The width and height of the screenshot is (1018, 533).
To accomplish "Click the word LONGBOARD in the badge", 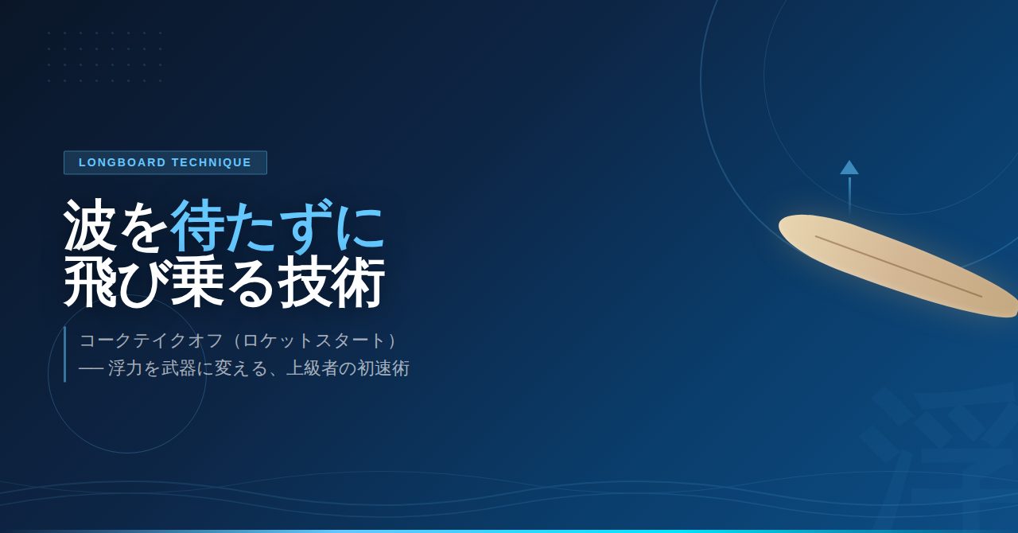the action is tap(122, 162).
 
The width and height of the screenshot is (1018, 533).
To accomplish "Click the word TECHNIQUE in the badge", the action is tap(212, 162).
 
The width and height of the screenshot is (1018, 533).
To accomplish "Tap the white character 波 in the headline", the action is tap(90, 226).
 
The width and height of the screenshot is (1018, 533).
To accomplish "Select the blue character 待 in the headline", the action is tap(196, 226).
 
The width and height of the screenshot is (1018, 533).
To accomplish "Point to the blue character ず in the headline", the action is tap(303, 226).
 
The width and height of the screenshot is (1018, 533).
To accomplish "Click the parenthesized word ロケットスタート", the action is tap(314, 340).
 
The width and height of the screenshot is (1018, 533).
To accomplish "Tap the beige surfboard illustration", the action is tap(898, 265).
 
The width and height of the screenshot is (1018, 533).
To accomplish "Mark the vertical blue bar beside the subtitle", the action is tap(65, 354).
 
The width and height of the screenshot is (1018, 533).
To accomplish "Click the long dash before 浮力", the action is tap(91, 368).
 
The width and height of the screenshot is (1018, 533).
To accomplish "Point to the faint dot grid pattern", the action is tap(105, 56).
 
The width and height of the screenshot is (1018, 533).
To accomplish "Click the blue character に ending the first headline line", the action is tap(358, 226).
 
